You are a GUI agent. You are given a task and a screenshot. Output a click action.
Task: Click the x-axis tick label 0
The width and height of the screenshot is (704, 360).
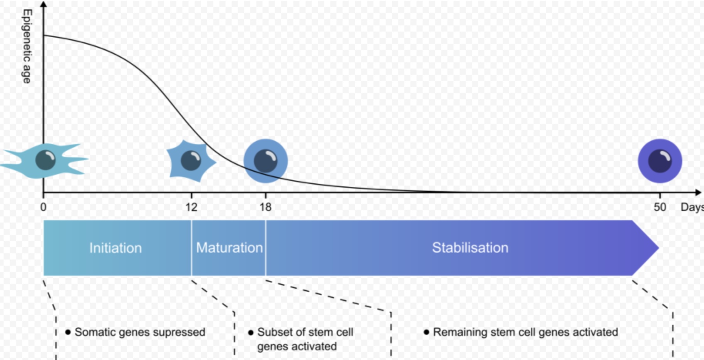pyautogui.click(x=44, y=207)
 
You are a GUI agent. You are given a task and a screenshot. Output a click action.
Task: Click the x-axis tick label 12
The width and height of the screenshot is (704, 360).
pyautogui.click(x=191, y=207)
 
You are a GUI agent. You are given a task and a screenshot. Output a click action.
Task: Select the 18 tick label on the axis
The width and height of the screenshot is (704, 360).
pyautogui.click(x=265, y=207)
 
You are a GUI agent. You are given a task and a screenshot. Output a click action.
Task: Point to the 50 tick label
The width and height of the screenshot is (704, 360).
pyautogui.click(x=660, y=207)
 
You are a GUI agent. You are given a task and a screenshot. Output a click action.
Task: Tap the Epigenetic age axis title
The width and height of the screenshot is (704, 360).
pyautogui.click(x=27, y=46)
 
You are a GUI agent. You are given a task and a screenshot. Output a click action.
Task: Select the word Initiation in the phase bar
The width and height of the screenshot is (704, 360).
pyautogui.click(x=116, y=248)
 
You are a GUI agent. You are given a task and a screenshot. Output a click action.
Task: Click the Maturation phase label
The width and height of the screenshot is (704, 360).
pyautogui.click(x=229, y=248)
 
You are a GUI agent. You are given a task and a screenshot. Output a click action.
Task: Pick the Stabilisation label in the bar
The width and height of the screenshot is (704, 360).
pyautogui.click(x=470, y=248)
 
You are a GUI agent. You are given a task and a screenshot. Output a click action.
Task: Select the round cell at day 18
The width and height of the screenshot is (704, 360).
pyautogui.click(x=266, y=161)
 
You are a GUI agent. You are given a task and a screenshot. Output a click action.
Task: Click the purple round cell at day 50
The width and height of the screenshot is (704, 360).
pyautogui.click(x=660, y=161)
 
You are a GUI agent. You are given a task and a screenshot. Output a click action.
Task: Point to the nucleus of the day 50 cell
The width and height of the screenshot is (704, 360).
pyautogui.click(x=660, y=161)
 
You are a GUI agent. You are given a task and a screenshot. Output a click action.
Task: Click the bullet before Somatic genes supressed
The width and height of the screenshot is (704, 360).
pyautogui.click(x=68, y=332)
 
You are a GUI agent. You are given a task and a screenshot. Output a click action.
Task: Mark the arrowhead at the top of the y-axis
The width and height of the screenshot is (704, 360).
pyautogui.click(x=44, y=4)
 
